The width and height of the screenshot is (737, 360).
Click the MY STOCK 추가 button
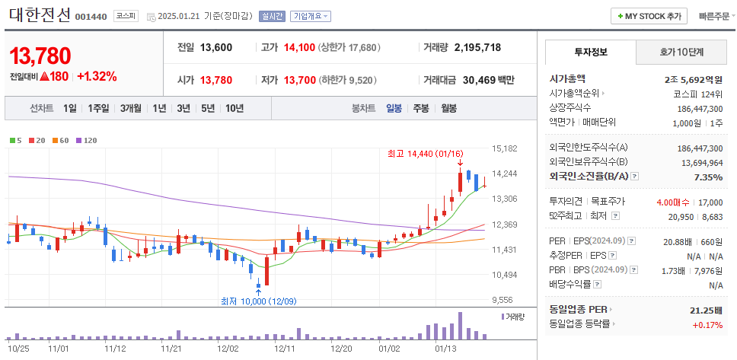[x=649, y=16]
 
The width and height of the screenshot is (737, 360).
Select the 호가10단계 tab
[x=681, y=53]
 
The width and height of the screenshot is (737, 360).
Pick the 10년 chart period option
[x=234, y=108]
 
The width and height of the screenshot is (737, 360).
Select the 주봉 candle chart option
[x=421, y=108]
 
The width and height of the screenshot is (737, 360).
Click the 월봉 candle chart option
[x=448, y=108]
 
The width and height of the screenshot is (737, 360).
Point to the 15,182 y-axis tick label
[x=505, y=148]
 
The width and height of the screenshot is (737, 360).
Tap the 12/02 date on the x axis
[x=228, y=349]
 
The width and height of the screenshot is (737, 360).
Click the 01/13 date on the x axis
[x=445, y=349]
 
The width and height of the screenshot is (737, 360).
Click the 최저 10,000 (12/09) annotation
[x=258, y=301]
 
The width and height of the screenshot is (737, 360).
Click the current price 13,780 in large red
[x=40, y=56]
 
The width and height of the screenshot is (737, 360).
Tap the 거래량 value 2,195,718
[x=477, y=47]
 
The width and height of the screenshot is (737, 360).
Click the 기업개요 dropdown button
[x=310, y=16]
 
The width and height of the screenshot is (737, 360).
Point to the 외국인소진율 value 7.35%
[x=708, y=177]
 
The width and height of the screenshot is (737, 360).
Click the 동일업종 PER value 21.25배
[x=704, y=310]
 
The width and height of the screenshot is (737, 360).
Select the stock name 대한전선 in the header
[x=40, y=14]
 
